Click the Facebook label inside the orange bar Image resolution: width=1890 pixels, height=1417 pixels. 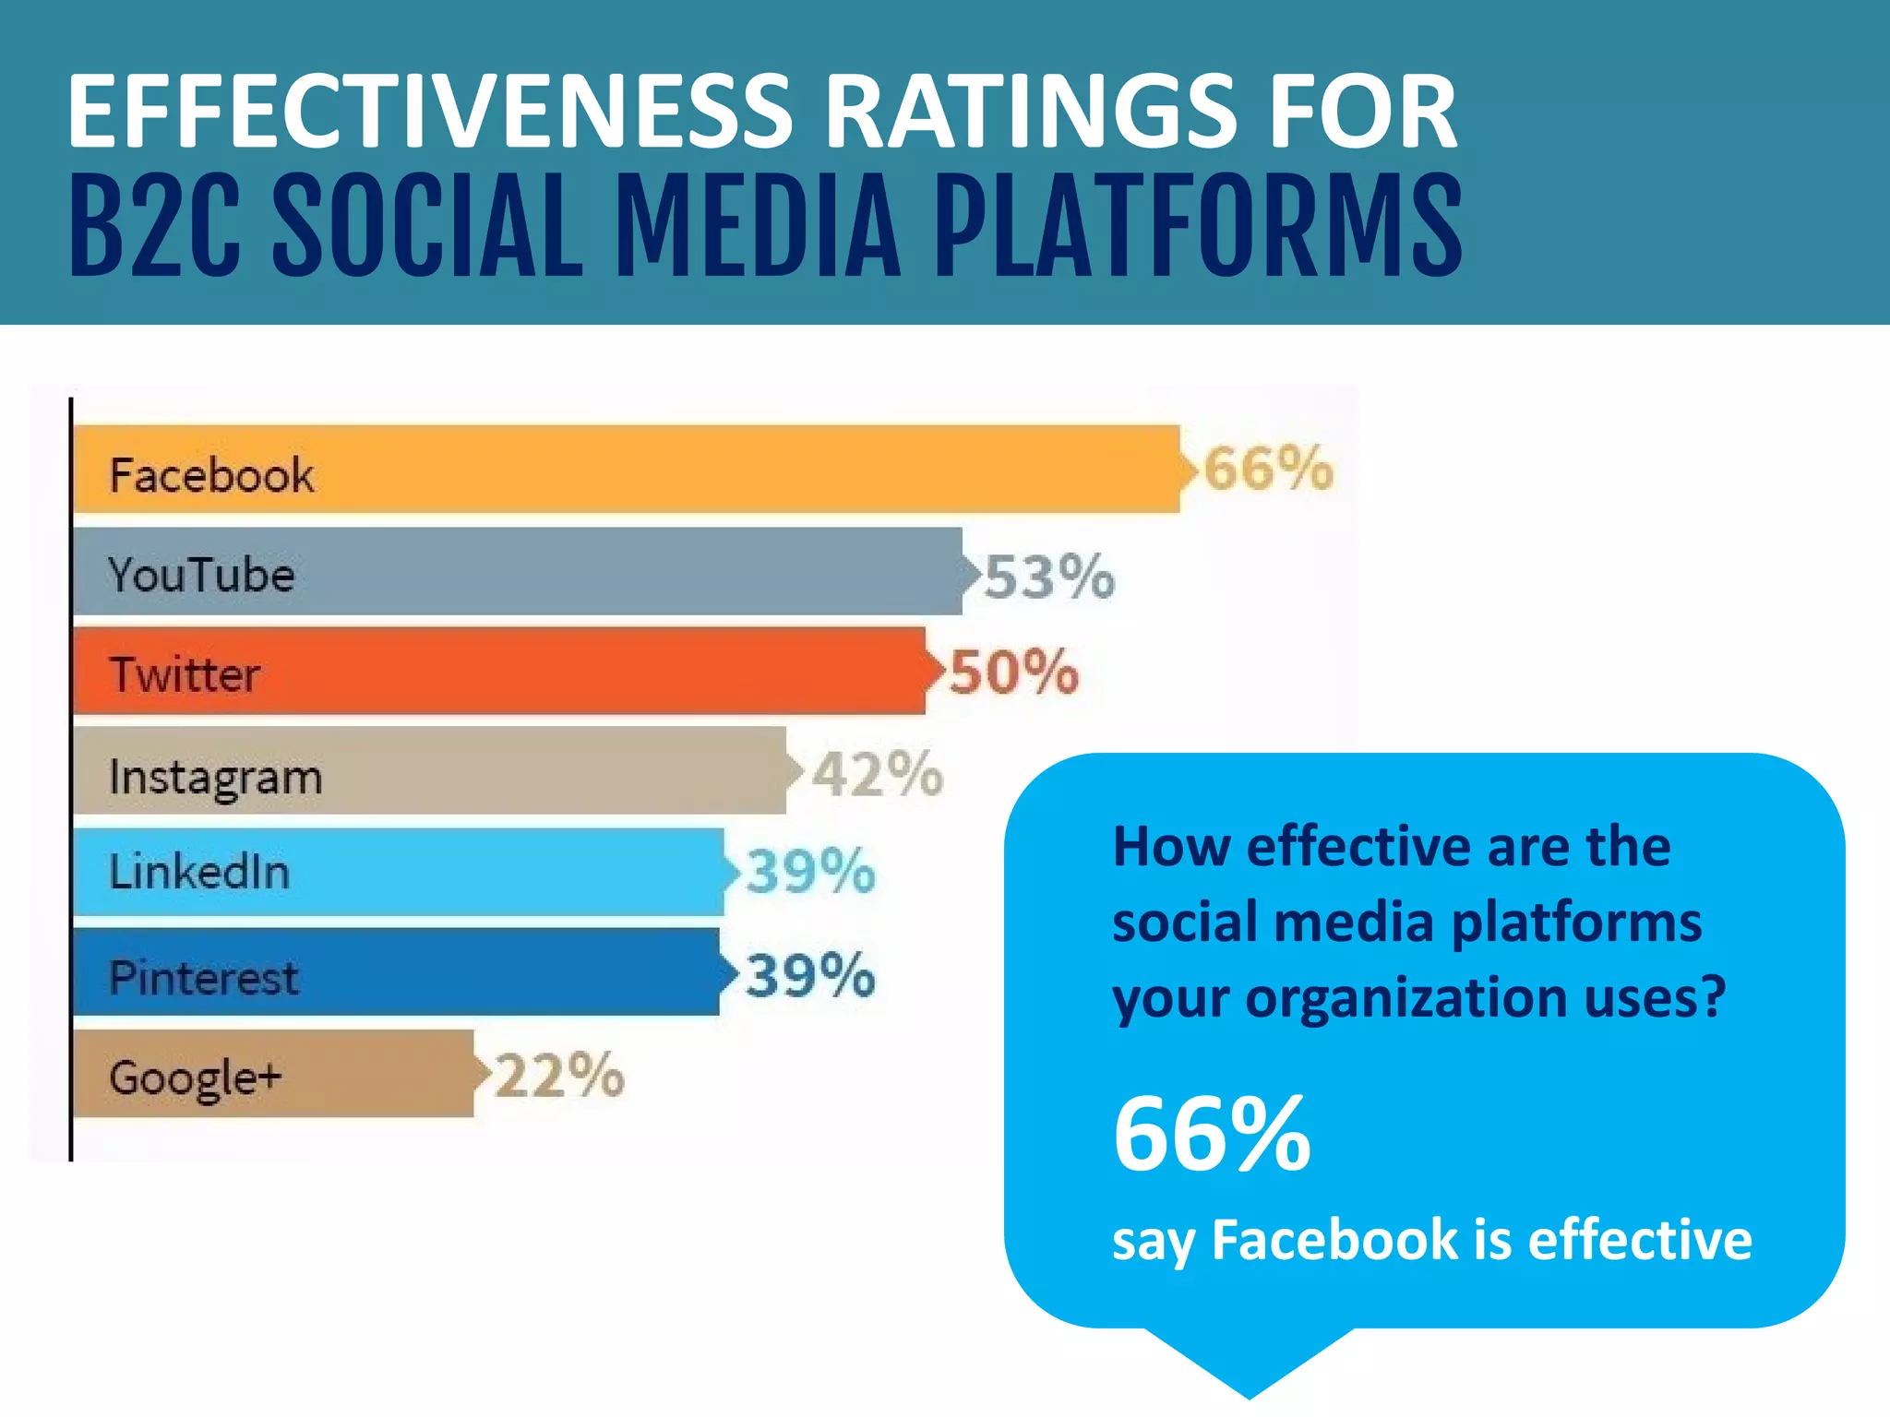211,475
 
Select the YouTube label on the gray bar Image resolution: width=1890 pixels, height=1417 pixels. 201,575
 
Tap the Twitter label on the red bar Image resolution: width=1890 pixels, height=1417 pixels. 185,674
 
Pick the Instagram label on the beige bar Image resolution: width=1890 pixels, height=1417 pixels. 215,777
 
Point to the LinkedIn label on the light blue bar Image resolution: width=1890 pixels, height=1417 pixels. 199,872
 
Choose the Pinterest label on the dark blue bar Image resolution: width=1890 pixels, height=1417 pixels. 204,978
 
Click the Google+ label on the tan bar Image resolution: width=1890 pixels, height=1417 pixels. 195,1078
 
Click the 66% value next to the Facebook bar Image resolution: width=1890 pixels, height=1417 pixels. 1268,469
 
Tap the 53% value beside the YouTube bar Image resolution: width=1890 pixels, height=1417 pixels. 1049,578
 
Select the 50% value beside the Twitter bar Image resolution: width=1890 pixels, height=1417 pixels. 1014,672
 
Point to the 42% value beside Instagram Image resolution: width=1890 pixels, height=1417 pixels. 878,773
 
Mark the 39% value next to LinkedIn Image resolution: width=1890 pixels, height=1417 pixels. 810,871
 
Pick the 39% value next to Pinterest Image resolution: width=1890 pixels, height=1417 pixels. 810,975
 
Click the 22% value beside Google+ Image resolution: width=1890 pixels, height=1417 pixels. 559,1075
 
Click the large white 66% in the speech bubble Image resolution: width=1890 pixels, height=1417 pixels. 1212,1134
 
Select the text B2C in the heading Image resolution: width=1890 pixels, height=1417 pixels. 155,226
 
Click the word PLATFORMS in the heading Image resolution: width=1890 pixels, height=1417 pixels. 1198,226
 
